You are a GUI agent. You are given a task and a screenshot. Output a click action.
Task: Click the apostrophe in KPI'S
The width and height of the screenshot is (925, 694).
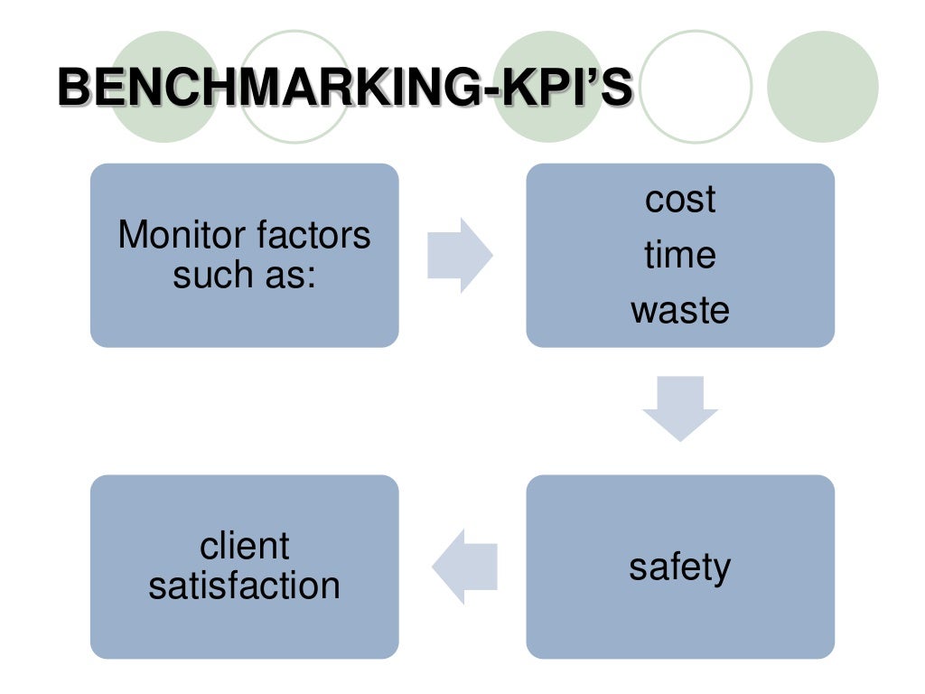(592, 76)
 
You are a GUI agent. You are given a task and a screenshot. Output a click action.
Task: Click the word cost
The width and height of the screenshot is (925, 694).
(680, 200)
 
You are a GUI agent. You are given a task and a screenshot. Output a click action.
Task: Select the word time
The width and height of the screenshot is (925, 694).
(680, 255)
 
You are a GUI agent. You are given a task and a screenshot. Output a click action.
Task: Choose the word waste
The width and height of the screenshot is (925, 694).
(680, 311)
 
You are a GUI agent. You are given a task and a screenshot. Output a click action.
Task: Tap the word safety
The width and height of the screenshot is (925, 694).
(680, 567)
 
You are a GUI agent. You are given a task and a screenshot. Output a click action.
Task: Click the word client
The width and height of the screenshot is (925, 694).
(244, 547)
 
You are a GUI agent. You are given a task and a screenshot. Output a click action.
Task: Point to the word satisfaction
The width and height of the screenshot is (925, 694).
(244, 586)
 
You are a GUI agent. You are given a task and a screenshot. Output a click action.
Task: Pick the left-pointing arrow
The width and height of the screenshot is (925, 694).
(465, 567)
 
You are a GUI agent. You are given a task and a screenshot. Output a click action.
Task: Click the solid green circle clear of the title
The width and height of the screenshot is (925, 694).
(822, 87)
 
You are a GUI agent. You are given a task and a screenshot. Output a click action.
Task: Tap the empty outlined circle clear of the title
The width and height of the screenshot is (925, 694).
(696, 87)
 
